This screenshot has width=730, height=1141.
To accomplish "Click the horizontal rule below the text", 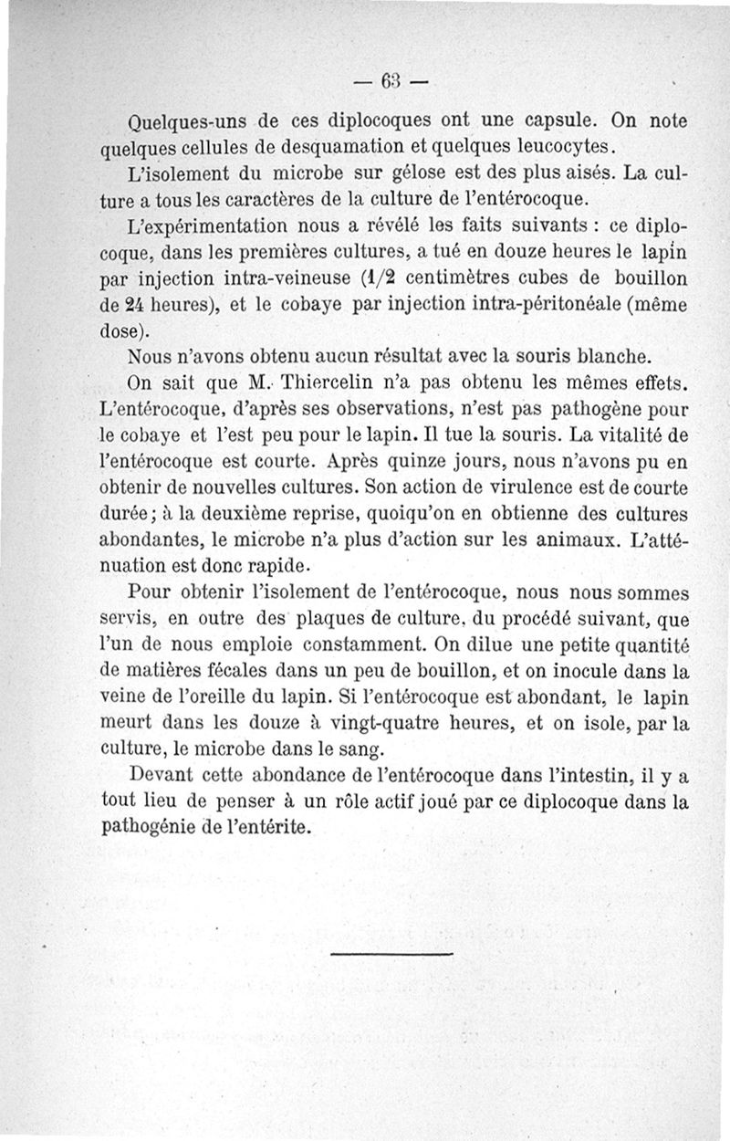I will [x=391, y=955].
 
